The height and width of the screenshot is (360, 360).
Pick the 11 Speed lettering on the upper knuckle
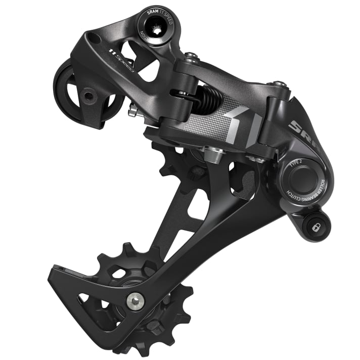point(121,59)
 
